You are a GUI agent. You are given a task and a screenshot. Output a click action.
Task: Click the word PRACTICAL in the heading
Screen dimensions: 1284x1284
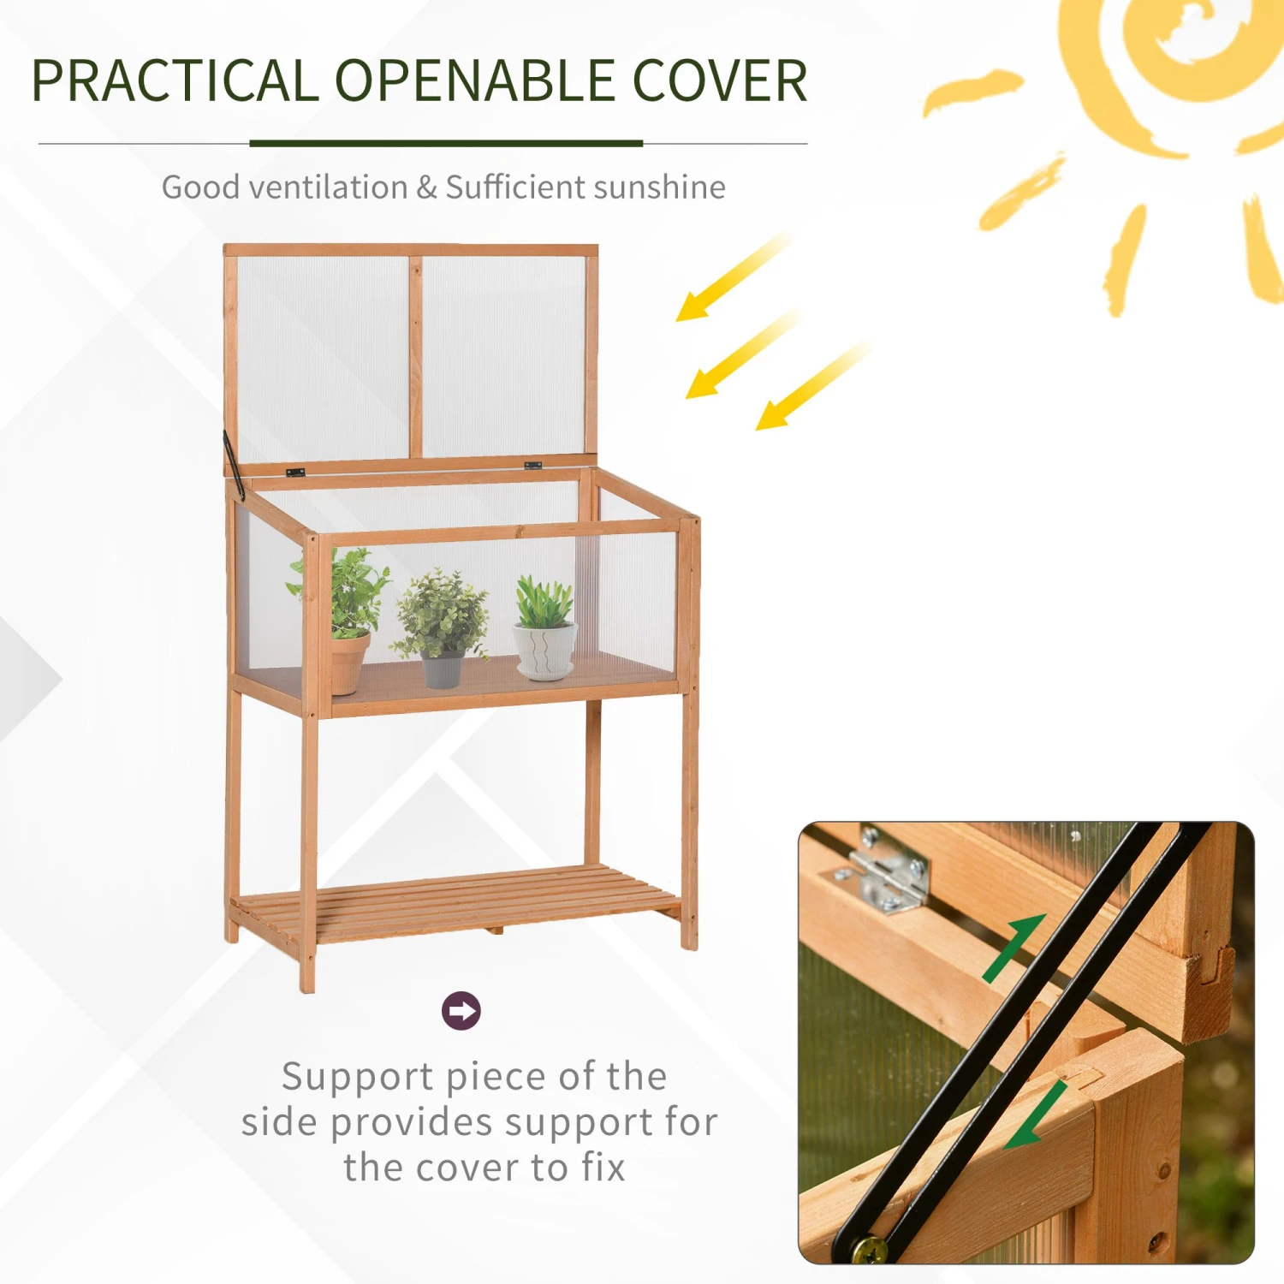[175, 80]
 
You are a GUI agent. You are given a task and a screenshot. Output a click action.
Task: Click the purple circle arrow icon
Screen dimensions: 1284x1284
[461, 1011]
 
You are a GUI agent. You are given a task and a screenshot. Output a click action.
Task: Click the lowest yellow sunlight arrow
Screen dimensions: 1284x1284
[811, 385]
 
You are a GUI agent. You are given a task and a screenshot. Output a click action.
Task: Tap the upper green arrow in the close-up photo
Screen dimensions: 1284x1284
[1014, 948]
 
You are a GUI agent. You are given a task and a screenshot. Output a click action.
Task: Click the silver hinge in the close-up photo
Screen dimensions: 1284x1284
[882, 869]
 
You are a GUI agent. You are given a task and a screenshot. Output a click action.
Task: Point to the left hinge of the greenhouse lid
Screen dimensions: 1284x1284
[295, 473]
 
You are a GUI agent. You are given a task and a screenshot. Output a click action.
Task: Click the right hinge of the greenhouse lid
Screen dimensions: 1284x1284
[532, 466]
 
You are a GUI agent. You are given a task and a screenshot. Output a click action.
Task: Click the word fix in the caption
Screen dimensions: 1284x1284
[604, 1168]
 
